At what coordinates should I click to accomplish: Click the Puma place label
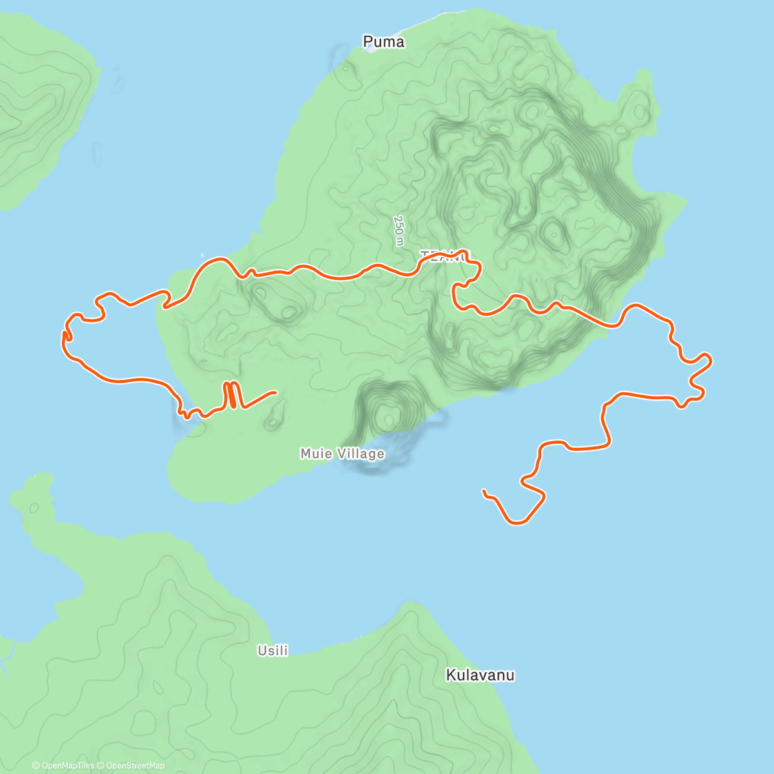point(384,42)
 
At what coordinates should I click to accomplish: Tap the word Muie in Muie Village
point(316,454)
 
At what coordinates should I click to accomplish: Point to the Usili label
point(272,651)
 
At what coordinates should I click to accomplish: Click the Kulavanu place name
point(480,675)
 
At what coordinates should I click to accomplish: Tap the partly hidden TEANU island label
point(446,255)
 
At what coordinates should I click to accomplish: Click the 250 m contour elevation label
point(399,230)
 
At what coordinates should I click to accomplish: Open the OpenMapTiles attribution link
point(63,766)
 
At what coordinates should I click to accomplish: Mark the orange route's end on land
point(275,392)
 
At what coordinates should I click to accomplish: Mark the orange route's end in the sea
point(484,491)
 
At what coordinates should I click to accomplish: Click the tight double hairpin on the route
point(232,395)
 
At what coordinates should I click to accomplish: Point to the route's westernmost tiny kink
point(64,335)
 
